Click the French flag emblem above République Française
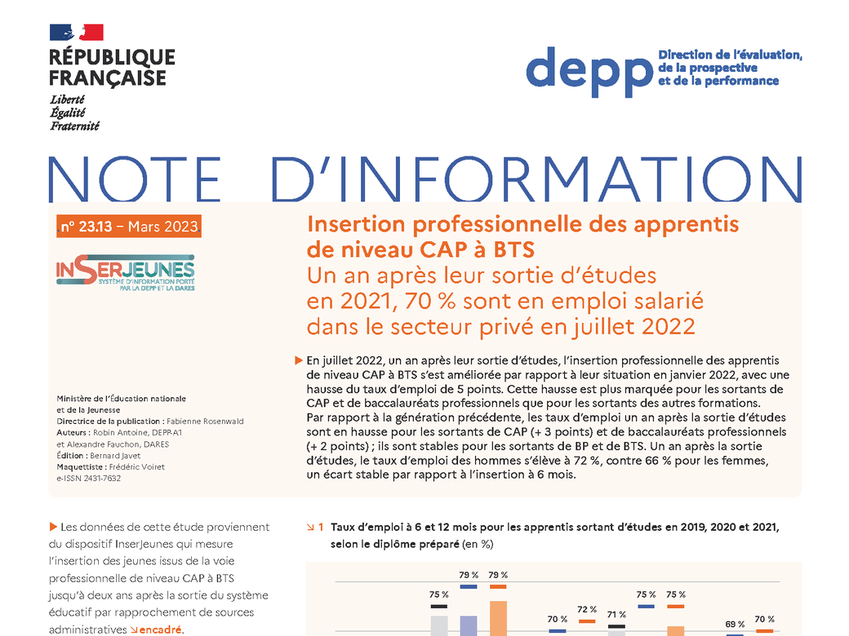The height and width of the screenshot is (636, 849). tap(77, 33)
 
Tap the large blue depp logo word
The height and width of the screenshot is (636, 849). tap(589, 72)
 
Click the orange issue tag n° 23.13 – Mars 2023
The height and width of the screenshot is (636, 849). tap(129, 226)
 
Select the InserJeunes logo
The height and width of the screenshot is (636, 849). tap(126, 272)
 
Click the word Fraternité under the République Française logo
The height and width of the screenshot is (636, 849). tap(75, 126)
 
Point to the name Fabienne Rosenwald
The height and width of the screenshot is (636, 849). tap(205, 422)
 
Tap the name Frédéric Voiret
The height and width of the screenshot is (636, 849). tap(137, 466)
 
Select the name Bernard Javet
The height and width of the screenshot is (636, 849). tap(115, 455)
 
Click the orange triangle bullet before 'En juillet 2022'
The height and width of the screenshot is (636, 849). tap(298, 360)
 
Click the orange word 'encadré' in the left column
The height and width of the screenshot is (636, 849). tap(160, 629)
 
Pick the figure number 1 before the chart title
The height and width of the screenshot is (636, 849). tap(321, 527)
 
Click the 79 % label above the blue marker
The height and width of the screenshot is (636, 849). tap(469, 575)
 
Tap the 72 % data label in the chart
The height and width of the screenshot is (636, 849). tap(587, 610)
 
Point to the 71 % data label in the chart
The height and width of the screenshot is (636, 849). tap(616, 614)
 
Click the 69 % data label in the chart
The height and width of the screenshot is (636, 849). tap(735, 624)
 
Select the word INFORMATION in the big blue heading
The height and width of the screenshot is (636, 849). tap(536, 179)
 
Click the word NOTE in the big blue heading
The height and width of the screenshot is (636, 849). tap(135, 179)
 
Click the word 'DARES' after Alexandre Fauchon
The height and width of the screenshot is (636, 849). tap(157, 444)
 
